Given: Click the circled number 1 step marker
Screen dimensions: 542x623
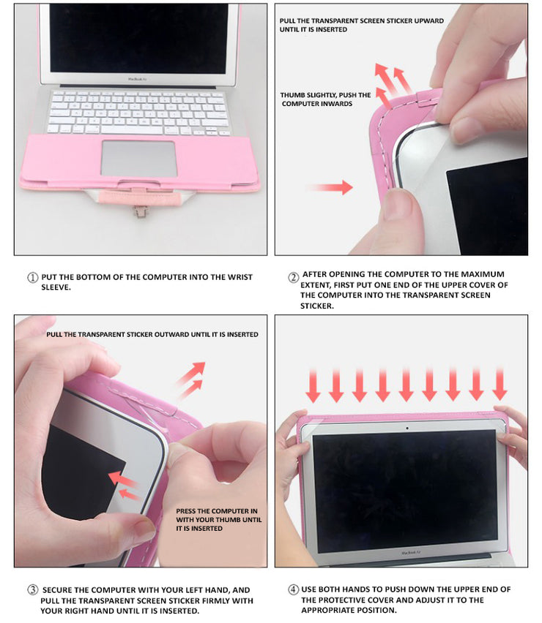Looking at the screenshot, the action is coord(32,277).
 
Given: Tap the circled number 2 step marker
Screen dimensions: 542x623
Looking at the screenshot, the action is coord(293,277).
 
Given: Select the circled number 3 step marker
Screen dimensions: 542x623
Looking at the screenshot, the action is coord(32,589).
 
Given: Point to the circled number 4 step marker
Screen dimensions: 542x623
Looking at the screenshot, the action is coord(293,589).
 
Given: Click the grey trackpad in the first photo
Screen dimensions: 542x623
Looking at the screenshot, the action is coord(138,158).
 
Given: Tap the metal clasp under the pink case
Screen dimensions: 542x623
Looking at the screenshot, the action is coord(139,212).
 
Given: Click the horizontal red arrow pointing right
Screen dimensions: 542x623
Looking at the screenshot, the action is coord(330,186).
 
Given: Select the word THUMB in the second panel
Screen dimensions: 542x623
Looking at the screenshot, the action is coord(291,95).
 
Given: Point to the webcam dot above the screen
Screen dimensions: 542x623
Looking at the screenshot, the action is coord(406,428).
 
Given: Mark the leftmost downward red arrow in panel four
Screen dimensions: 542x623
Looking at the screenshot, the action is coord(313,385).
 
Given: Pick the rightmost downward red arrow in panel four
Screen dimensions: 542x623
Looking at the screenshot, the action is coord(500,384).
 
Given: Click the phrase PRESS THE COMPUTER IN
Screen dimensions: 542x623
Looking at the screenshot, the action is coord(217,511).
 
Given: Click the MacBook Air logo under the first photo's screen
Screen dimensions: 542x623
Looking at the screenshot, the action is coord(137,80).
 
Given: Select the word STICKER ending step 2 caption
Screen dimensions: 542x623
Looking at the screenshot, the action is coord(317,306).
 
